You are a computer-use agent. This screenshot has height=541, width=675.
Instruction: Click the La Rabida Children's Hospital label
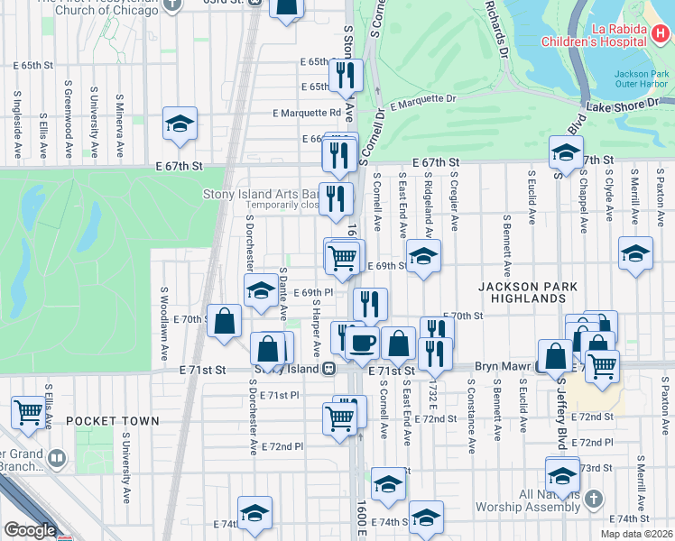594,34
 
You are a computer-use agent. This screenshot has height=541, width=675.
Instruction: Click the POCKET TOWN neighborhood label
113,421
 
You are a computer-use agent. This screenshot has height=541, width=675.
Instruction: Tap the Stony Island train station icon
330,368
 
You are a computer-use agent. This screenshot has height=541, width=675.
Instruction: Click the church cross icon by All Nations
594,498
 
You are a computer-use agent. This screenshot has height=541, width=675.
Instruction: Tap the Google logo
29,531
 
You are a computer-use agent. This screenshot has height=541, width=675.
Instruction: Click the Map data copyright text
637,534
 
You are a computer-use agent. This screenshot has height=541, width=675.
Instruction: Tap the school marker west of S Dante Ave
260,289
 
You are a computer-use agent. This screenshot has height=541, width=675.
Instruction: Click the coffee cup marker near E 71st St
363,344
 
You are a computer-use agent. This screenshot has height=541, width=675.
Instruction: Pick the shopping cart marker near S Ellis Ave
28,411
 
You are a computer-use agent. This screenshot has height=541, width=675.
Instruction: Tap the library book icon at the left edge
58,459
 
